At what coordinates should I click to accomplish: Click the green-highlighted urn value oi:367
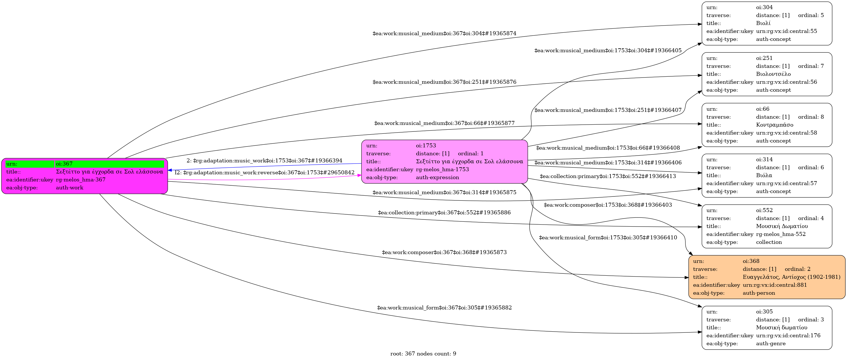[64, 164]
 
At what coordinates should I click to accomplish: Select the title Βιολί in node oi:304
[763, 23]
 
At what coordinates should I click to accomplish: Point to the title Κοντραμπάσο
[775, 125]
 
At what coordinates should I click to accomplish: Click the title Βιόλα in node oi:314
[764, 175]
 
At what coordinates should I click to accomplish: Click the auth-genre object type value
[771, 344]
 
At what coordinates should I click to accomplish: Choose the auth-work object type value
[70, 188]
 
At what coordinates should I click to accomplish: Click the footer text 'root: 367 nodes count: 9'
[423, 354]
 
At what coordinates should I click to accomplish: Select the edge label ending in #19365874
[444, 34]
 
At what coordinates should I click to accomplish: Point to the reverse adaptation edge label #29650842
[265, 173]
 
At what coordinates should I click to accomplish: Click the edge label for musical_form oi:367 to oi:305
[444, 308]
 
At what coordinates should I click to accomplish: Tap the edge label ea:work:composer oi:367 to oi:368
[444, 252]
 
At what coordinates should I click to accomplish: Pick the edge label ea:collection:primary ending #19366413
[608, 176]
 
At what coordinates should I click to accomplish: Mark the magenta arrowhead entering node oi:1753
[359, 175]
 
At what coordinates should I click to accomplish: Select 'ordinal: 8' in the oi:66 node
[811, 117]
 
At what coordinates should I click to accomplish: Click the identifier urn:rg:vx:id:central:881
[775, 285]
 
